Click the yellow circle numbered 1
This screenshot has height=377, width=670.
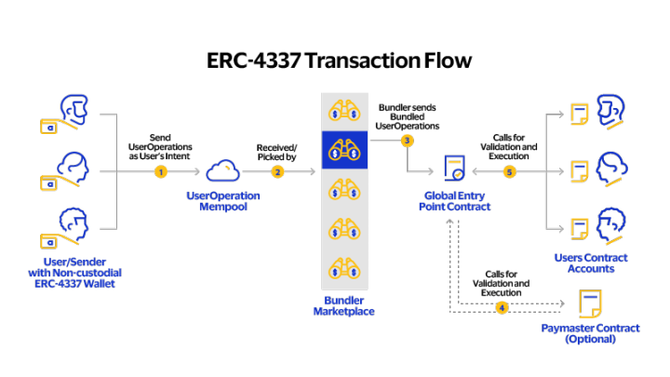coord(160,172)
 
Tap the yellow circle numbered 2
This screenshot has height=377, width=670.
coord(277,172)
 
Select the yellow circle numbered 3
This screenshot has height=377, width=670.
coord(407,141)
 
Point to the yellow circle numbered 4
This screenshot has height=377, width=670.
coord(502,307)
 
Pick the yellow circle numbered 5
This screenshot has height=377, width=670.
coord(509,172)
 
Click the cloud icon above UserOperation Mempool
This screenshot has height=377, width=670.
coord(222,170)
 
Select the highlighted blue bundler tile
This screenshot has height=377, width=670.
coord(344,149)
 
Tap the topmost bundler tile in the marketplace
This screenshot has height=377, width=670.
coord(344,111)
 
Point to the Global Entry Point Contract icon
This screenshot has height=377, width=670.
coord(454,168)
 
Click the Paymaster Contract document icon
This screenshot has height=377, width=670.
coord(590,303)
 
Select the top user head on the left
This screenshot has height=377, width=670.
coord(74,108)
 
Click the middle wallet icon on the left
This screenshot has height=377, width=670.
coord(48,183)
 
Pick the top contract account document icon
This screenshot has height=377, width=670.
coord(580,114)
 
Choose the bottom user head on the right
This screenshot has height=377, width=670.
coord(611,224)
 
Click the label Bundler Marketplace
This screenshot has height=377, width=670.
coord(343,305)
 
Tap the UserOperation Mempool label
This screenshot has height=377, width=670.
coord(222,201)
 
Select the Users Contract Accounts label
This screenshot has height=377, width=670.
coord(590,263)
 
